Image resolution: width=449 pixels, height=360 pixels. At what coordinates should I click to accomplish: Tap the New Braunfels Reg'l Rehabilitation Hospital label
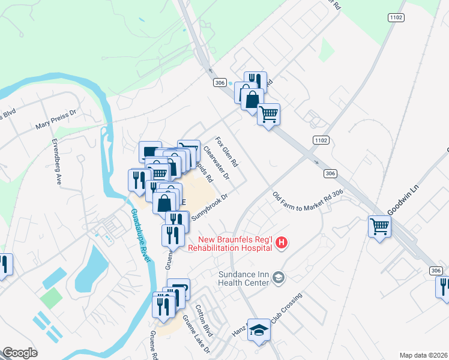[231, 242]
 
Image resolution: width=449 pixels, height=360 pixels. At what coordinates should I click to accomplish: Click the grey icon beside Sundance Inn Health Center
[279, 277]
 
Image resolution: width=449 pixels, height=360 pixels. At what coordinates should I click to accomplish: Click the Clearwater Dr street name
[216, 163]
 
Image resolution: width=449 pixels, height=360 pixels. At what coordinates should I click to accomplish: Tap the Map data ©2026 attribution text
[424, 355]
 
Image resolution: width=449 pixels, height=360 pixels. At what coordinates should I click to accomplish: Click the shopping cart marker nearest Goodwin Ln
[379, 227]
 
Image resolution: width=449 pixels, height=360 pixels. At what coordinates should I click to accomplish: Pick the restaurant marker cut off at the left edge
[4, 265]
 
